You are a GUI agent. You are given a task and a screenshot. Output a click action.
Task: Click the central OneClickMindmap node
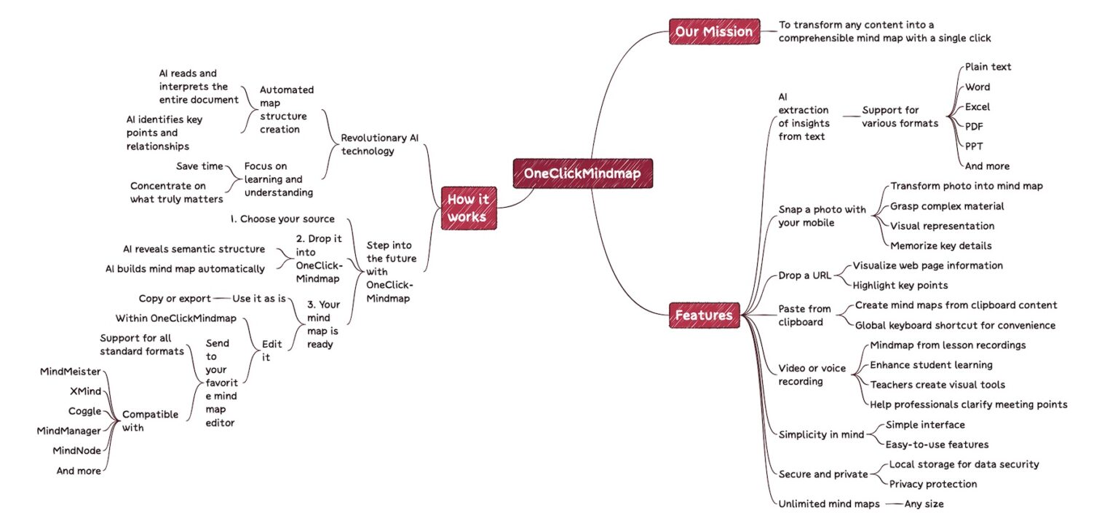coord(582,173)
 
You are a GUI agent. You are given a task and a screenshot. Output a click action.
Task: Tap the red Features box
coord(703,316)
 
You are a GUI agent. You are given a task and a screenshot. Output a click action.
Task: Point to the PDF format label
coord(974,126)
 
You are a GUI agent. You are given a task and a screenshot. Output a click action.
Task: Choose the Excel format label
coord(977,106)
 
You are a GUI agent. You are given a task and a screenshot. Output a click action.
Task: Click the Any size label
coord(924,503)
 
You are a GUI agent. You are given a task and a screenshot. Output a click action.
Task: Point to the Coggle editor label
coord(84,411)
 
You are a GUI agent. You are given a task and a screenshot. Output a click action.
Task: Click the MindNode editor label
coord(76,450)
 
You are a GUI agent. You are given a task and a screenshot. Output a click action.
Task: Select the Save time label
coord(199,166)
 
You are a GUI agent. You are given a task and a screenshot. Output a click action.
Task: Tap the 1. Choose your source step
coord(282,219)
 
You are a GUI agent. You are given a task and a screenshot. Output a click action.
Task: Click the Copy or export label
coord(175,298)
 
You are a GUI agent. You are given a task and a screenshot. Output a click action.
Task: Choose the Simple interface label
coord(924,425)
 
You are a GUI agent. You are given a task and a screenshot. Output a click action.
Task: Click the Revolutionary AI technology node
coord(379,144)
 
